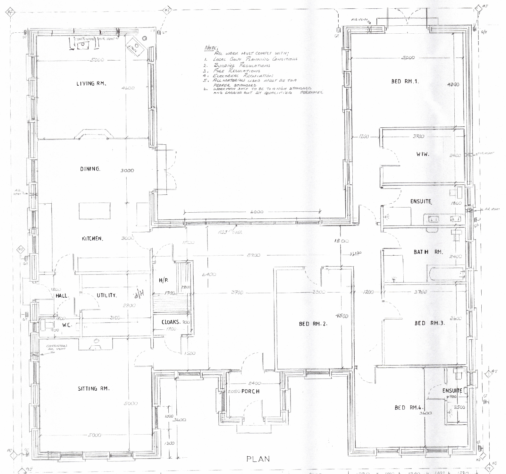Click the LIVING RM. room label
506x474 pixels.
(91, 84)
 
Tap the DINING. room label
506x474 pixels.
(90, 169)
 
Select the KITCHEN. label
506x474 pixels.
(92, 239)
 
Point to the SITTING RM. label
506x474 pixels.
(94, 389)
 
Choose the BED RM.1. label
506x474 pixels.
(405, 81)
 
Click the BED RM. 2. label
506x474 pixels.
(313, 324)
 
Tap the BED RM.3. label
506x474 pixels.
(430, 323)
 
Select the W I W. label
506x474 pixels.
(423, 154)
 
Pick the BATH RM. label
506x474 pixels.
(428, 252)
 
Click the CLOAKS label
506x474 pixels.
(170, 322)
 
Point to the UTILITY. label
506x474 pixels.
(106, 295)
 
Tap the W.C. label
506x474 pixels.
(67, 325)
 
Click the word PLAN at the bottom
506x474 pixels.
(258, 459)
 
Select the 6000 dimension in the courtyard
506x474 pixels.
(257, 212)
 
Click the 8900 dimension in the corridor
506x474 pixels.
(253, 255)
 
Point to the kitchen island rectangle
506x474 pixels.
(95, 211)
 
